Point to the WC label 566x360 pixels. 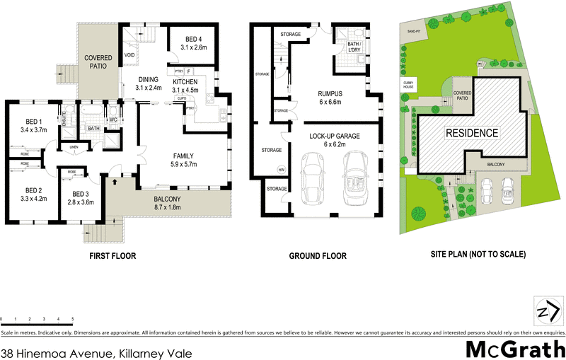(112, 120)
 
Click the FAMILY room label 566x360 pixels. (184, 156)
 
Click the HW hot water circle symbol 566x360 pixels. (281, 170)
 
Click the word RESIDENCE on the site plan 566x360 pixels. (471, 133)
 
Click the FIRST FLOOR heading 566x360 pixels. (112, 255)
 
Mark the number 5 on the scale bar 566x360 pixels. (72, 320)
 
